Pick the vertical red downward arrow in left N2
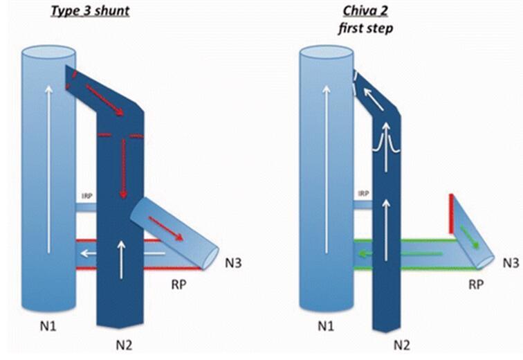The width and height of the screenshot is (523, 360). (x=125, y=167)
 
